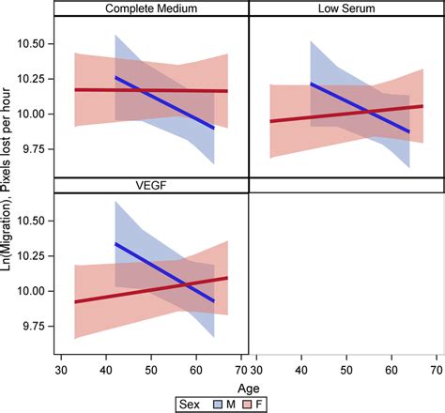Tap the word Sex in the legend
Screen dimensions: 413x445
tap(191, 402)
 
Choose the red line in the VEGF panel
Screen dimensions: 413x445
tap(94, 297)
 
